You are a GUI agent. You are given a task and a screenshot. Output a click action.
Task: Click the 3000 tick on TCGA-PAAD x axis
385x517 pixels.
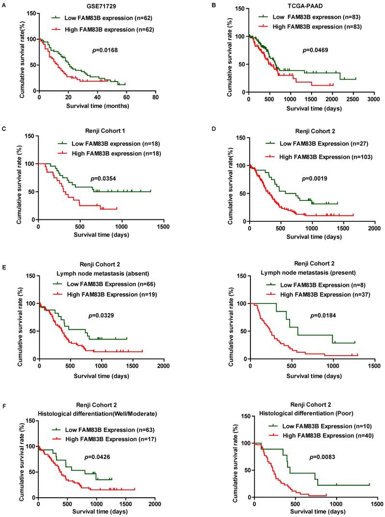pyautogui.click(x=373, y=98)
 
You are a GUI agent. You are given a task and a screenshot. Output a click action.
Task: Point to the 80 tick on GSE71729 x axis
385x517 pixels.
pyautogui.click(x=155, y=97)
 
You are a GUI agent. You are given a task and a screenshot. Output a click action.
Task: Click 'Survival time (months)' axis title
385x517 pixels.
pyautogui.click(x=98, y=106)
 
